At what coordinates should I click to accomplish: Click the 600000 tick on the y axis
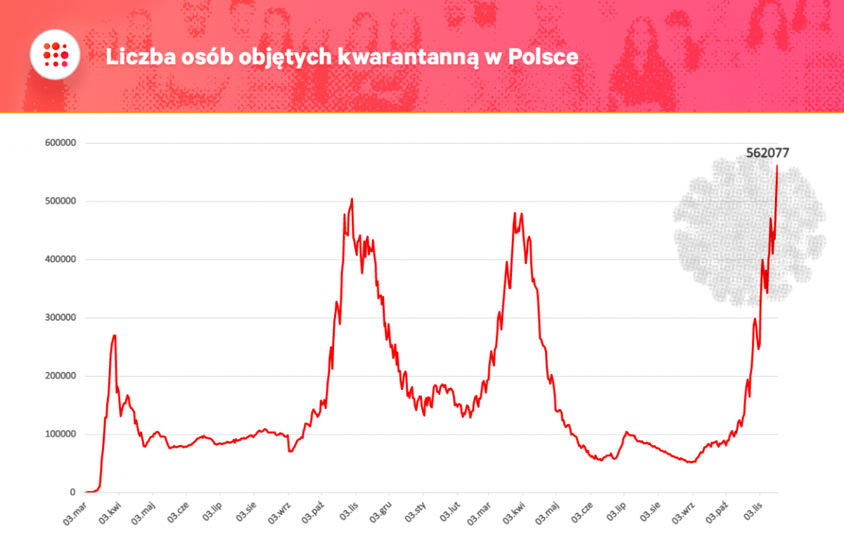tap(60, 143)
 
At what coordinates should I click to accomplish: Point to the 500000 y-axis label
tap(60, 201)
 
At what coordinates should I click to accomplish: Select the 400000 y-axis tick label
tap(60, 260)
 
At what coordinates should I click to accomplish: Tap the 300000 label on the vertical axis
tap(60, 318)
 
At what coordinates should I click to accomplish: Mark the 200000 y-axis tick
tap(60, 376)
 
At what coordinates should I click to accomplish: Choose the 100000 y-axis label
tap(60, 435)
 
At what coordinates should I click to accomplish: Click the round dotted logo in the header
tap(53, 55)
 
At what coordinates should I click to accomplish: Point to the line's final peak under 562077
tap(776, 166)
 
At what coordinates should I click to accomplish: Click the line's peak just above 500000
tap(352, 199)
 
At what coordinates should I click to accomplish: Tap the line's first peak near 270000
tap(114, 336)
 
